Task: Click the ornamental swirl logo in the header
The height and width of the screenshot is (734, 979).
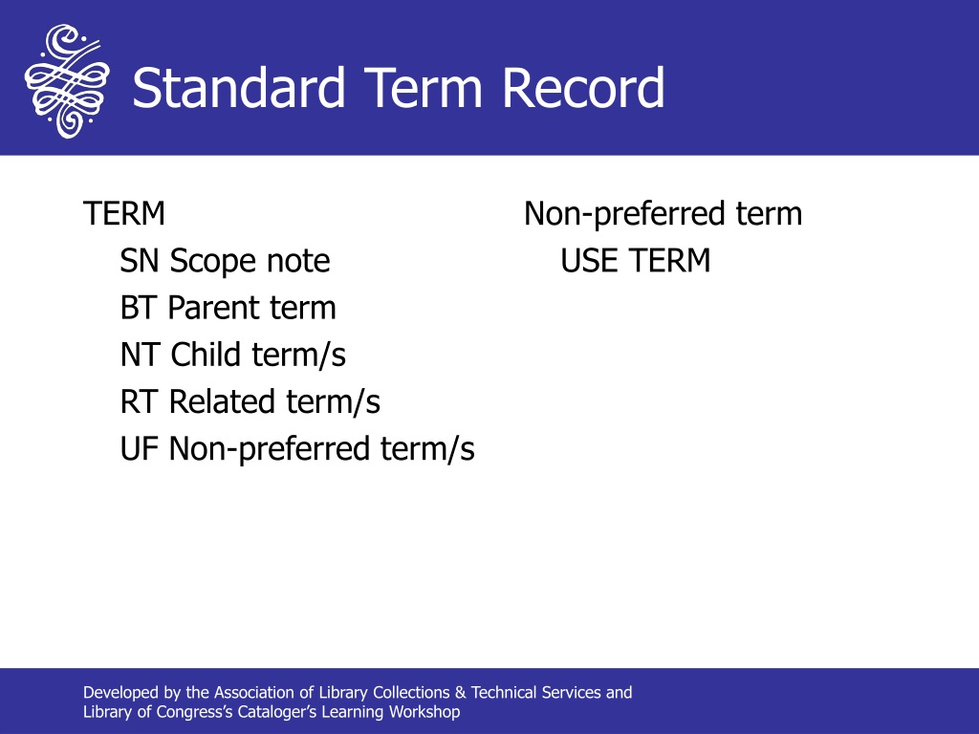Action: coord(67,80)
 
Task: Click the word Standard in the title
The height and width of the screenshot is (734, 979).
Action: coord(238,88)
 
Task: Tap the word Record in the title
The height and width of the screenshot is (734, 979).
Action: coord(583,88)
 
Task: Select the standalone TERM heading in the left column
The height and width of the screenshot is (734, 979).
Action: coord(123,213)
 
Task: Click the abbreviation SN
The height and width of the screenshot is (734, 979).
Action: coord(140,260)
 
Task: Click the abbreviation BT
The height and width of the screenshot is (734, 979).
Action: coord(138,307)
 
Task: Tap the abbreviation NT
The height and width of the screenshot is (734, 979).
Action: coord(140,354)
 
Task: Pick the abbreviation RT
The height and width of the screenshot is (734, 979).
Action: coord(138,401)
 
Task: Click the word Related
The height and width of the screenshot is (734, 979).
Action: coord(222,401)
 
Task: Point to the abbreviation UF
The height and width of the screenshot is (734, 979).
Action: coord(139,448)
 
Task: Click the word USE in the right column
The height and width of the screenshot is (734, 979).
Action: coord(589,260)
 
